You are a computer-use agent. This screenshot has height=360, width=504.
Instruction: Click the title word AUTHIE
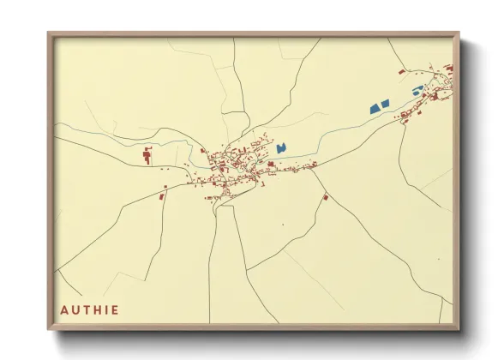(x=90, y=309)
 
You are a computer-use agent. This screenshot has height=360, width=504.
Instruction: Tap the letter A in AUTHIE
(x=64, y=309)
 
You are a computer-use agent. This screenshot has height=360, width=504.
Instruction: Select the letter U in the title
(x=75, y=309)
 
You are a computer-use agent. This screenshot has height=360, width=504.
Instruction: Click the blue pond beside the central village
(x=280, y=147)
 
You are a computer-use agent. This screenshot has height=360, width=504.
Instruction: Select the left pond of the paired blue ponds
(x=374, y=108)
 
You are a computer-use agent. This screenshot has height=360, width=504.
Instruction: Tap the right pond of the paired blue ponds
(x=385, y=104)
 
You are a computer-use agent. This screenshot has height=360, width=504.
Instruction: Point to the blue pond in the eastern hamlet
(x=417, y=90)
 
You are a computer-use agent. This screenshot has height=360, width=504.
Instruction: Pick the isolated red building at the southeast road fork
(x=326, y=197)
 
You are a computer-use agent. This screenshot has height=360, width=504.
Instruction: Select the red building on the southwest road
(x=162, y=196)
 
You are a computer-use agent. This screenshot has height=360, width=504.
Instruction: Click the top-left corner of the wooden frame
(x=50, y=35)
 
